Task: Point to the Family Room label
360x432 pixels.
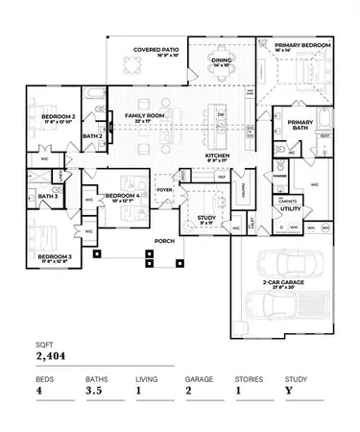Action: point(139,118)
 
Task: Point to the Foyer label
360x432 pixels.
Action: point(164,190)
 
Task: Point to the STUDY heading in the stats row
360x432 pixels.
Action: point(296,379)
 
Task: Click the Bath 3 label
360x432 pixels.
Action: point(48,198)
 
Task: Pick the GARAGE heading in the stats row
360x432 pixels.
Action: point(200,379)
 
